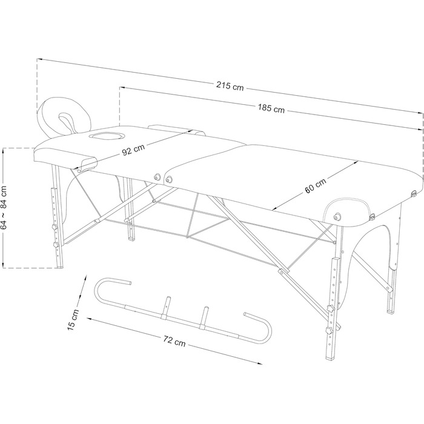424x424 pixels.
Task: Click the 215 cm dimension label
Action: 230,86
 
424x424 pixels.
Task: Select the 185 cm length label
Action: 271,108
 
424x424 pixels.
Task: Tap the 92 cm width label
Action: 133,150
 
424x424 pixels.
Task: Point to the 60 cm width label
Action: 316,185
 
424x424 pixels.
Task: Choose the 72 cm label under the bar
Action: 174,341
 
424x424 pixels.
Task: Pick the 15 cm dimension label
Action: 73,320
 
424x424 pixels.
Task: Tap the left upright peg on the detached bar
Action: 167,308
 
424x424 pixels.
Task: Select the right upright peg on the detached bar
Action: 204,317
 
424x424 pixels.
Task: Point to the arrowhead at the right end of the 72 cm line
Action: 259,363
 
